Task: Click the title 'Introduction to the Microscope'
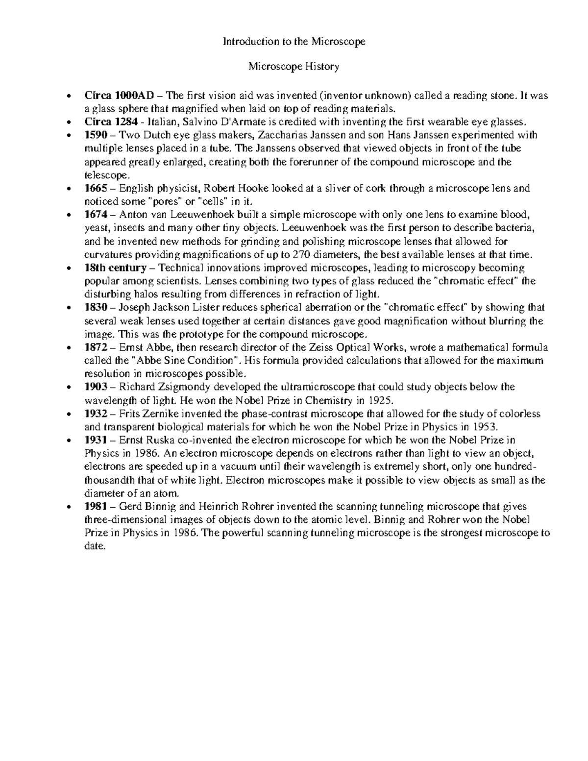[294, 42]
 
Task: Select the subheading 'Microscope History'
[294, 67]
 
